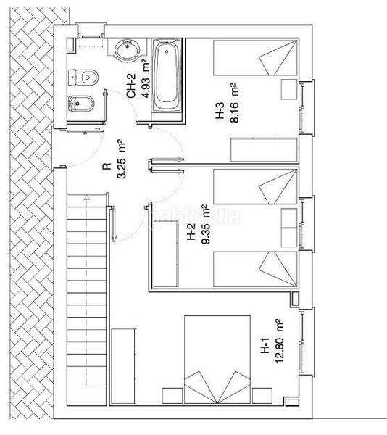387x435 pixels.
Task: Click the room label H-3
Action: tap(219, 115)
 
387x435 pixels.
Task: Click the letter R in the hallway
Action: tap(107, 166)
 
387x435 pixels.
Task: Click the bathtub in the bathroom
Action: tap(167, 75)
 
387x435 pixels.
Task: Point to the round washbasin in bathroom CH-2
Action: tap(125, 49)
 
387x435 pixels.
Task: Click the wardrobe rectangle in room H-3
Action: tap(264, 150)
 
